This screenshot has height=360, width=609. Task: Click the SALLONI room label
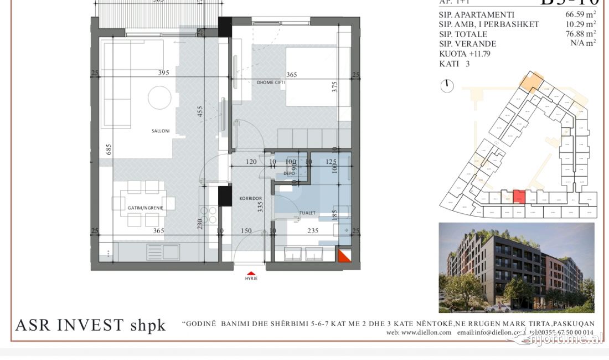coord(161,131)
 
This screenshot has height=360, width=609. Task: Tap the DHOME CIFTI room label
coord(271,83)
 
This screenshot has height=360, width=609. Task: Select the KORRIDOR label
coord(250,198)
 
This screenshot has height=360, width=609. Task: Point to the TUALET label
coord(307,213)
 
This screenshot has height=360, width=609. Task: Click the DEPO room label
coord(288,173)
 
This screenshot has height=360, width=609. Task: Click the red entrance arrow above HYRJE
coord(251,272)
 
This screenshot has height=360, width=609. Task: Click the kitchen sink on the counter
coord(163,252)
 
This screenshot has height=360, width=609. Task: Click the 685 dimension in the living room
coord(110,150)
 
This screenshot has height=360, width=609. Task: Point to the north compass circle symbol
coord(448,86)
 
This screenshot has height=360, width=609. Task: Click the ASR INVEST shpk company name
coord(90,326)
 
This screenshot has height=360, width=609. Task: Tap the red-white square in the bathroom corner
coord(345,255)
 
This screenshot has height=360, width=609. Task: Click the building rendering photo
coord(516,268)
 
